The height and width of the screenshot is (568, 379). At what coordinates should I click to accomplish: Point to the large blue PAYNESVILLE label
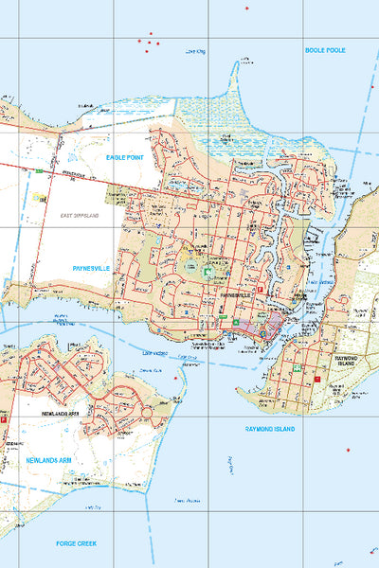(x=93, y=268)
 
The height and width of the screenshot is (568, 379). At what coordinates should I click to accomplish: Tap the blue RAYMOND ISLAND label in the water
(x=270, y=429)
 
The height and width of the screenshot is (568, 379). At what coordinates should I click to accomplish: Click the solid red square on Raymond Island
(x=319, y=381)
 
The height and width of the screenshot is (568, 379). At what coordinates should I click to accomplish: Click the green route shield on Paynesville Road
(x=38, y=171)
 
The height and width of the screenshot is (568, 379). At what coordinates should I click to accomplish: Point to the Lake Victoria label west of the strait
(x=154, y=353)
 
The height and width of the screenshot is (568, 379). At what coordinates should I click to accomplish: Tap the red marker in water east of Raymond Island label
(x=348, y=449)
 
